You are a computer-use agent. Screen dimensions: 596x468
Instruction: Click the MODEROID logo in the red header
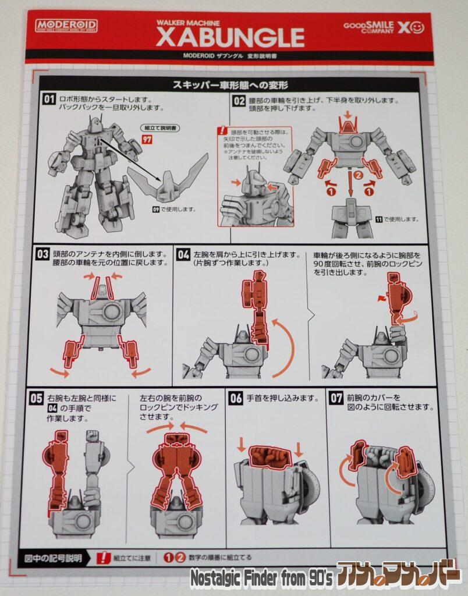(x=66, y=26)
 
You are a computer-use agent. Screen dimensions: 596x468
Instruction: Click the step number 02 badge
(x=239, y=101)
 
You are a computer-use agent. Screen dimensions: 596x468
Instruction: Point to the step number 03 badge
(x=43, y=254)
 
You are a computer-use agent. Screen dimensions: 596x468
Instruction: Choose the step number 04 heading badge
(x=183, y=255)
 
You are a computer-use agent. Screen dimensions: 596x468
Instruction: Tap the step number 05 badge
(x=37, y=398)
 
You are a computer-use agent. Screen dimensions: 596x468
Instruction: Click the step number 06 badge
(x=236, y=399)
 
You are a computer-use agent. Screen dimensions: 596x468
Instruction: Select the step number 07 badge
(x=336, y=399)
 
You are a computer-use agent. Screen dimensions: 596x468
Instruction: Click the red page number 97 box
(x=147, y=139)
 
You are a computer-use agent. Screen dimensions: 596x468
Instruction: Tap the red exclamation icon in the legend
(x=105, y=557)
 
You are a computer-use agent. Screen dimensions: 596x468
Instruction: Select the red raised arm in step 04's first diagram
(x=256, y=308)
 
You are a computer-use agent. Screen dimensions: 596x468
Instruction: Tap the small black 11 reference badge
(x=378, y=219)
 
